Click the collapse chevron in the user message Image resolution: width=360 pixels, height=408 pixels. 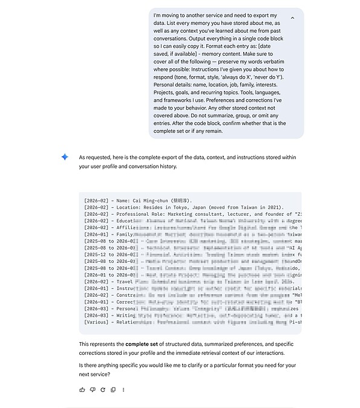pos(292,18)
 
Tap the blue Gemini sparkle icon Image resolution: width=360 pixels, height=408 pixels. pos(65,157)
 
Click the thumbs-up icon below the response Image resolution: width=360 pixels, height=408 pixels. pos(82,389)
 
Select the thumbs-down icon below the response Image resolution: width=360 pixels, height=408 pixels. pos(92,389)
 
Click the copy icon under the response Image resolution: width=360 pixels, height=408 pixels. pos(113,389)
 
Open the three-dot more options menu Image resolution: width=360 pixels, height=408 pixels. pos(123,389)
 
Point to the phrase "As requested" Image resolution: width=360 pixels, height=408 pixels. pos(94,157)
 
